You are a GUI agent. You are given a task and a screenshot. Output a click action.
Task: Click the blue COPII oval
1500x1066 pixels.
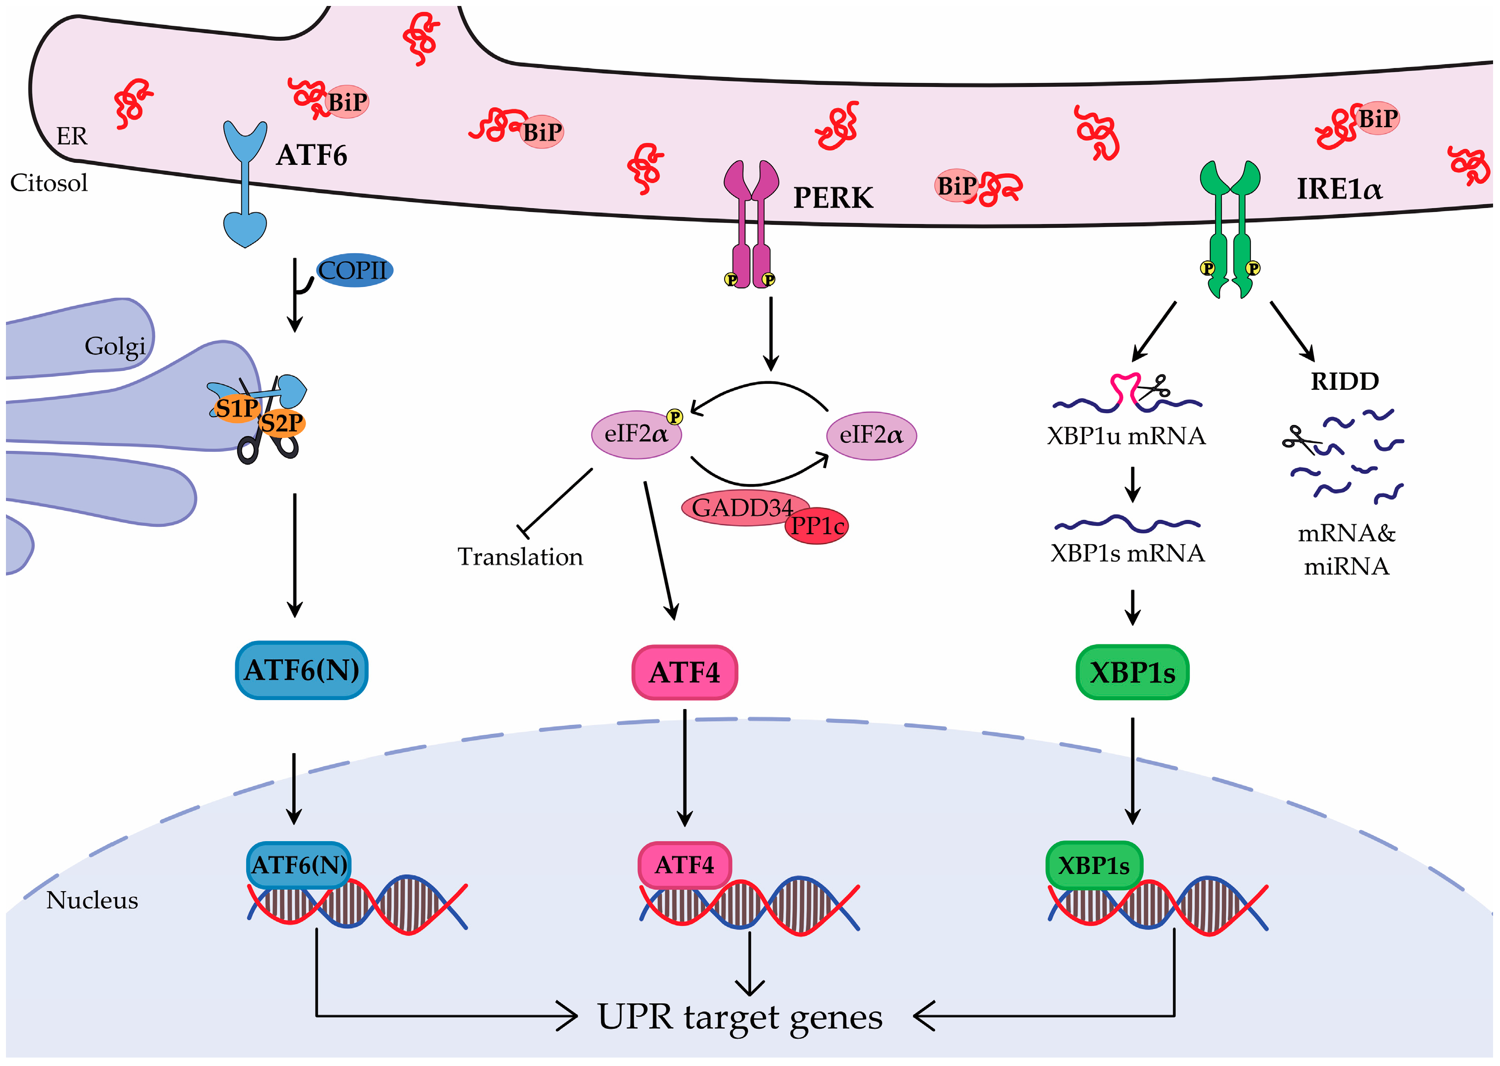point(355,270)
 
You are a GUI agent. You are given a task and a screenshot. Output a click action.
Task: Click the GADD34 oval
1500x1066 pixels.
point(744,507)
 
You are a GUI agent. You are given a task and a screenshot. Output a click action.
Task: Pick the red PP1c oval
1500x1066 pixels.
point(817,526)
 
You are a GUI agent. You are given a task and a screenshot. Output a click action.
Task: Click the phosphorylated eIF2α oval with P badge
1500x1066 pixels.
point(636,434)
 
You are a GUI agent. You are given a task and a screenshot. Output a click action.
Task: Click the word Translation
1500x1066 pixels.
point(520,557)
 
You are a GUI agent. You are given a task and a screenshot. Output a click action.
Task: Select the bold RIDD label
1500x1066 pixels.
point(1345,381)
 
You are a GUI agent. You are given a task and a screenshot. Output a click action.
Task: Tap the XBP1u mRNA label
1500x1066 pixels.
point(1126,436)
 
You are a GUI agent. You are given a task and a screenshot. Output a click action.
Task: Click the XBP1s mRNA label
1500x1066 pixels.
point(1127,553)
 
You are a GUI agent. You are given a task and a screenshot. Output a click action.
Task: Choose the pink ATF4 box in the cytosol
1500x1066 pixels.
point(684,673)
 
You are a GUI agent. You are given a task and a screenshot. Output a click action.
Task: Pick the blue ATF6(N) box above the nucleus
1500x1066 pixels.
point(301,670)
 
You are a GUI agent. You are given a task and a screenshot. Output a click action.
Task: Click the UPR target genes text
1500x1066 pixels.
point(740,1018)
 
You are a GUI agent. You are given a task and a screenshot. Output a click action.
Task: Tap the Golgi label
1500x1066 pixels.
point(115,347)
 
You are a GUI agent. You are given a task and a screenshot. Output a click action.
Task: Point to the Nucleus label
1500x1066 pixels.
point(92,900)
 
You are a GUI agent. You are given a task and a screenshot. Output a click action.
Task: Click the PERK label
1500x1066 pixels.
point(833,198)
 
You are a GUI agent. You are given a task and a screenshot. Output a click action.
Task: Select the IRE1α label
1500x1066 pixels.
point(1339,189)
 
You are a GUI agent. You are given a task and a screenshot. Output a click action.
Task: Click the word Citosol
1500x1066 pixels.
point(49,183)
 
